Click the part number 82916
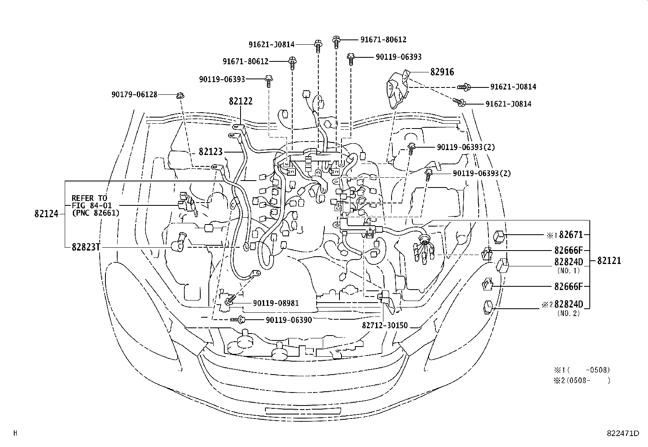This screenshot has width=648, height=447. point(442,72)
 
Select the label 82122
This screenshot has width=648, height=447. point(241,101)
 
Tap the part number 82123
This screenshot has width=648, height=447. point(210,152)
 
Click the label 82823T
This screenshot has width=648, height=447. point(86,247)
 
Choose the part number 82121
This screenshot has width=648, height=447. point(609,261)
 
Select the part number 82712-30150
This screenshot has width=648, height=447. point(384,326)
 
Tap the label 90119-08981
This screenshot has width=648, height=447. point(276,303)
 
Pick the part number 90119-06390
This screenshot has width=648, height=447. point(289,320)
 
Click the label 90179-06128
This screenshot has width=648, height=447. point(134,94)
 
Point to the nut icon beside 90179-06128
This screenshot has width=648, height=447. point(180,96)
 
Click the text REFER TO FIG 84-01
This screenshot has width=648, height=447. point(92,202)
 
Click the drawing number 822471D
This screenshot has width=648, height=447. point(623,434)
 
